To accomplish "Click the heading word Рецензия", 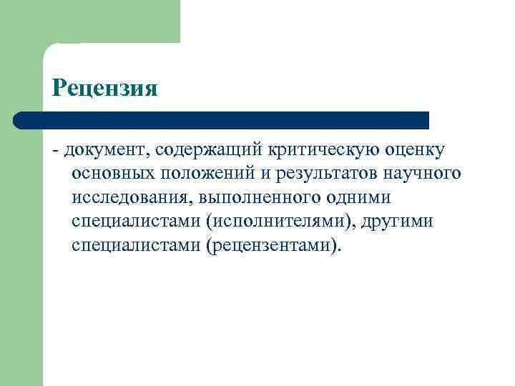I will point(104,88).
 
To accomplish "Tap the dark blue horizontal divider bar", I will point(222,119).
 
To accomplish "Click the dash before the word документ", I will point(55,151).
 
